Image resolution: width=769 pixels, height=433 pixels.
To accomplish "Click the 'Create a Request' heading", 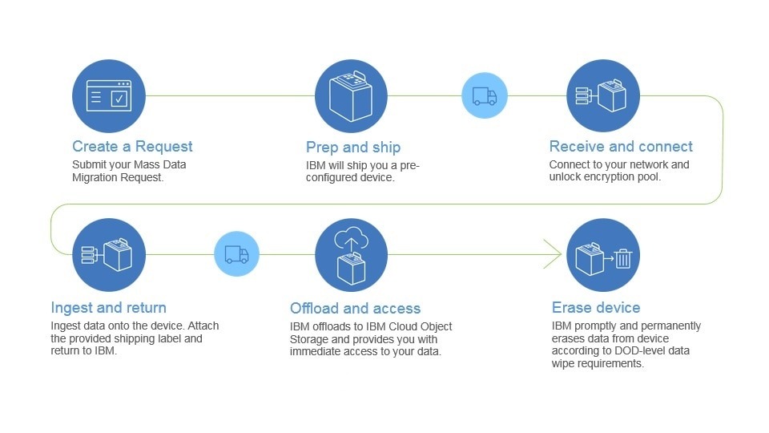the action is point(132,146).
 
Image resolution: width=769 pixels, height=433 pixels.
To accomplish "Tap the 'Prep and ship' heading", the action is point(353,148).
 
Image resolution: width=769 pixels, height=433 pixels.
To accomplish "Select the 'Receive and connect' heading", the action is point(621,146).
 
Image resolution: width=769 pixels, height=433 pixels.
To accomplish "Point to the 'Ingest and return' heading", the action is point(108,307).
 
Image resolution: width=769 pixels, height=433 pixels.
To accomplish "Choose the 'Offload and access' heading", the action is point(355,308).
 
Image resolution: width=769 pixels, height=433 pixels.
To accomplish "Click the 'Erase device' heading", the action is point(596,307).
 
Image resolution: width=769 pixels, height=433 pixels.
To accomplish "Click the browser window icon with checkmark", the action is point(109,95).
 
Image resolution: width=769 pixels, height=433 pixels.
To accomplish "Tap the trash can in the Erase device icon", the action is point(623,259).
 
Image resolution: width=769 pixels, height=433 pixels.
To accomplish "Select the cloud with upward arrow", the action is point(351,239).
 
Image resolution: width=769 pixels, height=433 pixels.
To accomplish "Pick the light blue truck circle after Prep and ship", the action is point(484,95).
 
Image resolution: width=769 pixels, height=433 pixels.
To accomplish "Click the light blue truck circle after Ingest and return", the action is point(237,254).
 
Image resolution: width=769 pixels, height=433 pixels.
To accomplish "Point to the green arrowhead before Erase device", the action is point(553,254).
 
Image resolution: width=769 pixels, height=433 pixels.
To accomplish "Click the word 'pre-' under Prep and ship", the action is point(409,165).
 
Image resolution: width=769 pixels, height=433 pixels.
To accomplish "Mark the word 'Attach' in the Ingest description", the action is point(203,326).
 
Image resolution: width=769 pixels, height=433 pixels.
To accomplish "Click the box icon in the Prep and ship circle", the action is point(351,96).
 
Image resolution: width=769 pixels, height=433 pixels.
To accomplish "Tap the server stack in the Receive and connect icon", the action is point(582,95).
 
